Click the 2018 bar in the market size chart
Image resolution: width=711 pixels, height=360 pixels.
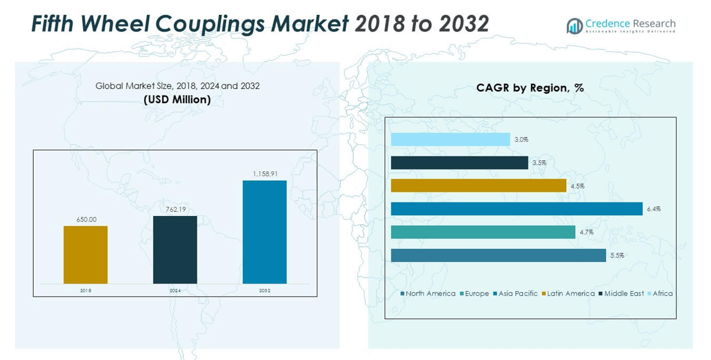[86, 254]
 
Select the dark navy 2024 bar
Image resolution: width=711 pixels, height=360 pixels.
[175, 250]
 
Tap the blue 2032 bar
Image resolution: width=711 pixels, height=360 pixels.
[265, 232]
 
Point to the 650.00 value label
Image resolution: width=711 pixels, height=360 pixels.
[86, 220]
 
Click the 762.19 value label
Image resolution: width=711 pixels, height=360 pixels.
[175, 209]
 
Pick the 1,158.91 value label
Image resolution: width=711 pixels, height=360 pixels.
[265, 174]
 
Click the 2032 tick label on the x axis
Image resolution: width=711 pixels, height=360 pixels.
[265, 290]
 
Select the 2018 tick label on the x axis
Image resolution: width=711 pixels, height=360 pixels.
[86, 290]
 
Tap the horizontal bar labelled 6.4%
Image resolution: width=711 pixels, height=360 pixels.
[517, 209]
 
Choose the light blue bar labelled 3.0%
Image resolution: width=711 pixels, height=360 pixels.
[451, 140]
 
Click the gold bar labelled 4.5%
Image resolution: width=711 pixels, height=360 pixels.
[479, 186]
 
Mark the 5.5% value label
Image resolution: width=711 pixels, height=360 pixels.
[617, 255]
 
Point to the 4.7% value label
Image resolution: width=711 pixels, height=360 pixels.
[586, 232]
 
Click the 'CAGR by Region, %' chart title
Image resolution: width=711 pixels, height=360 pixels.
[530, 88]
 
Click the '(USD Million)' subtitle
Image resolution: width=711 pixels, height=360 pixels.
[177, 99]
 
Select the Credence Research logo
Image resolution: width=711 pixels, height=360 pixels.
[621, 25]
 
